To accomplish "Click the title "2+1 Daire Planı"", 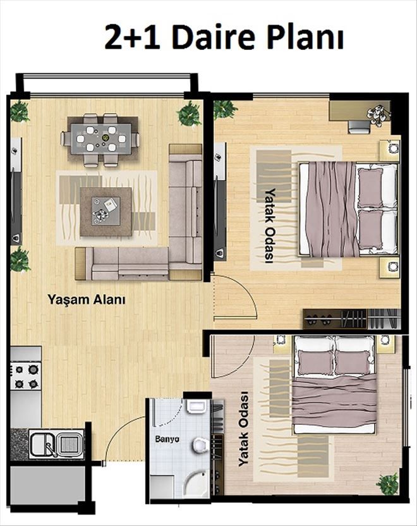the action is point(224,37).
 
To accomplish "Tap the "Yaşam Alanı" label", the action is point(87,299).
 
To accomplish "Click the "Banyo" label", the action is point(167,439).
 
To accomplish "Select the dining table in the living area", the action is point(100,139).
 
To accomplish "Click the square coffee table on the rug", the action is point(106,212).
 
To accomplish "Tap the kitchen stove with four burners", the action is point(25,376).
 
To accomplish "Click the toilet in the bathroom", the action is point(200,445).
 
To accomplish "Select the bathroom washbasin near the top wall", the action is point(196,406).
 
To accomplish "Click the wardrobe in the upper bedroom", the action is point(352,319).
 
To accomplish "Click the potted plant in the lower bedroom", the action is point(388,484).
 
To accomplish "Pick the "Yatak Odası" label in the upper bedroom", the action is point(269,226).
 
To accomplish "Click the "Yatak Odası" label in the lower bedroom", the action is point(244,429).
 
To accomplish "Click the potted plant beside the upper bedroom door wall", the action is point(224,108).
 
